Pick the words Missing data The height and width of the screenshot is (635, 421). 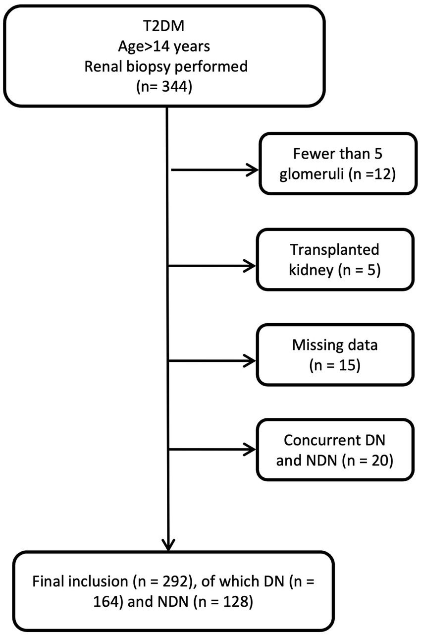tap(335, 345)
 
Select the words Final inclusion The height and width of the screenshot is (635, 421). tap(69, 579)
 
